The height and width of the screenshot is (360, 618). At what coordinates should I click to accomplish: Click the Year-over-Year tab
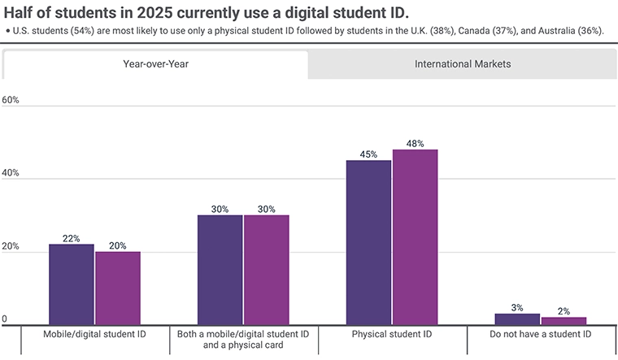click(x=155, y=64)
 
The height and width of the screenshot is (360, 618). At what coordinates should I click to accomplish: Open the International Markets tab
click(x=462, y=64)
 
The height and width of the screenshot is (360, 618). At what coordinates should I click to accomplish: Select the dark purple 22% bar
click(x=71, y=284)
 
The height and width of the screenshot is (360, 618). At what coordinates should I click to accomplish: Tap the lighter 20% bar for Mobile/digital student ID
click(x=117, y=288)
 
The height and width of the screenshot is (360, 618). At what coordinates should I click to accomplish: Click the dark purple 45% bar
click(x=368, y=243)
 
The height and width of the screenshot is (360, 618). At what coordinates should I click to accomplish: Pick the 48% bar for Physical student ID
click(x=415, y=237)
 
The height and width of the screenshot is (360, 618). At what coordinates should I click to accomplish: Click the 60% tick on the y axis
click(x=11, y=100)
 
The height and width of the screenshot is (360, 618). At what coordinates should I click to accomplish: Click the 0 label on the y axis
click(x=5, y=320)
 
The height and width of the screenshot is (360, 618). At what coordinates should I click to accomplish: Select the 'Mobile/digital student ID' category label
click(x=95, y=334)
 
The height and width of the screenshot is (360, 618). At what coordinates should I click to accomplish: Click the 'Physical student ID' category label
click(x=392, y=334)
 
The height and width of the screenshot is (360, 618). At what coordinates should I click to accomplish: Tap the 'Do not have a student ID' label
click(x=541, y=334)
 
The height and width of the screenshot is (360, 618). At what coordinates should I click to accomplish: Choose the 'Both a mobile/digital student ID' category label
click(x=243, y=334)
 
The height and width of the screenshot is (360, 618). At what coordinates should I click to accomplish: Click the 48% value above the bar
click(x=415, y=143)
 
